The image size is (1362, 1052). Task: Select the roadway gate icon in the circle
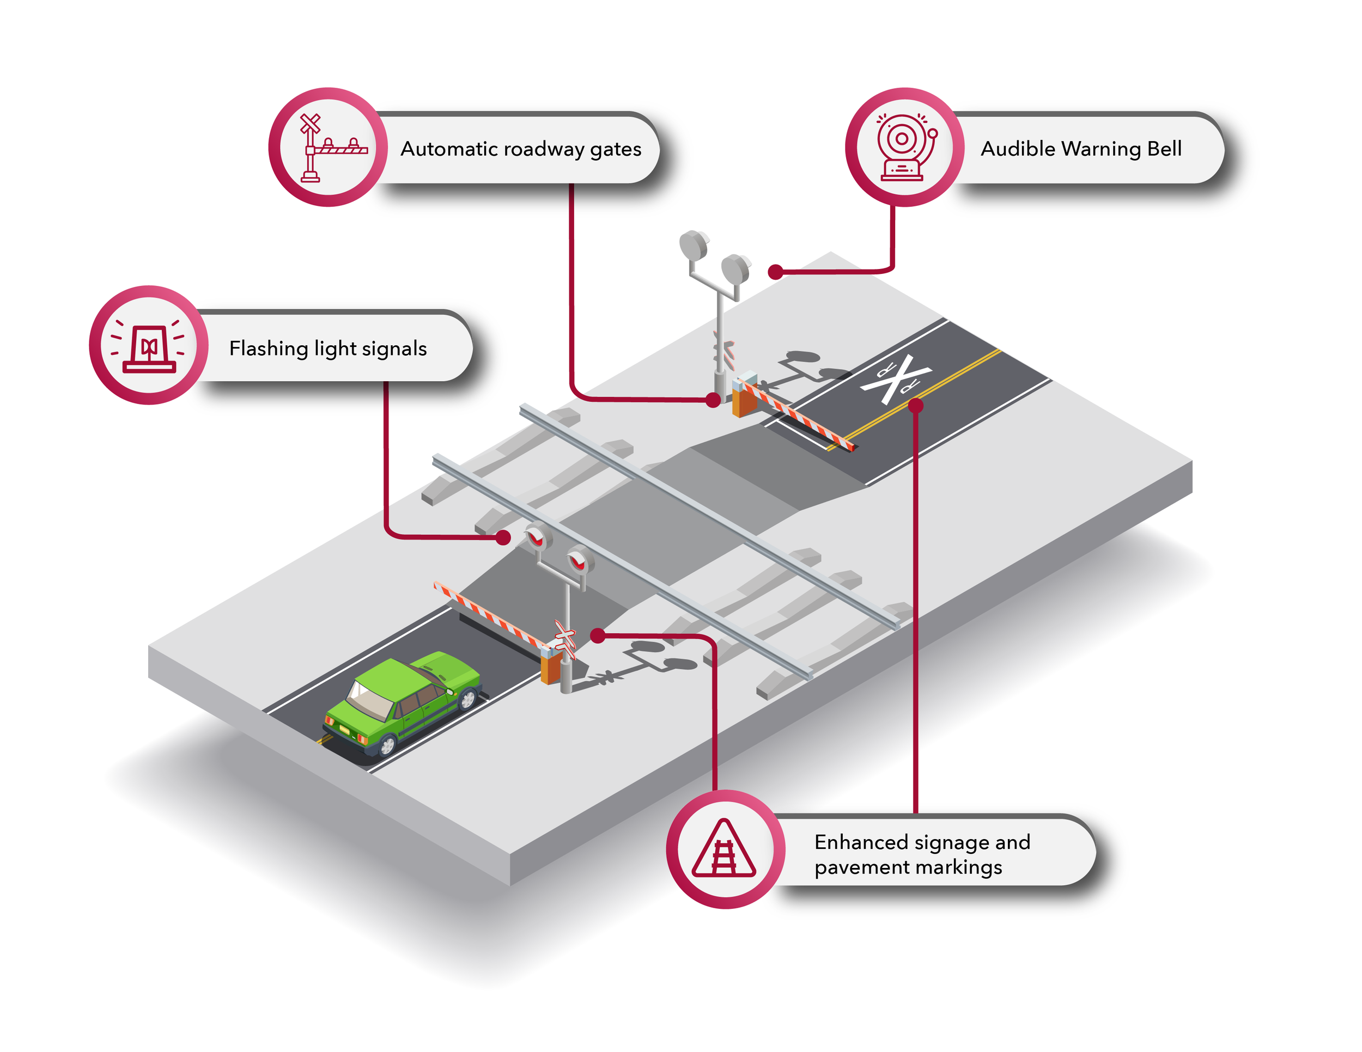click(x=328, y=147)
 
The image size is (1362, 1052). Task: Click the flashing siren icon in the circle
click(x=148, y=345)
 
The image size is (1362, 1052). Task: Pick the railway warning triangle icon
click(x=724, y=849)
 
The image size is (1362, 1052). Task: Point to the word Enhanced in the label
click(x=861, y=842)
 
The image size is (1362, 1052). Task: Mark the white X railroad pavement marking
click(x=896, y=378)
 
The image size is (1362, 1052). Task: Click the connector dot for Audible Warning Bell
click(x=775, y=272)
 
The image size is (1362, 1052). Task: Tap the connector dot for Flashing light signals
click(x=503, y=537)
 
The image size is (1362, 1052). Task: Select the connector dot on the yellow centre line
click(x=915, y=406)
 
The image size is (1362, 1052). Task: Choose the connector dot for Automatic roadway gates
click(x=713, y=401)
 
